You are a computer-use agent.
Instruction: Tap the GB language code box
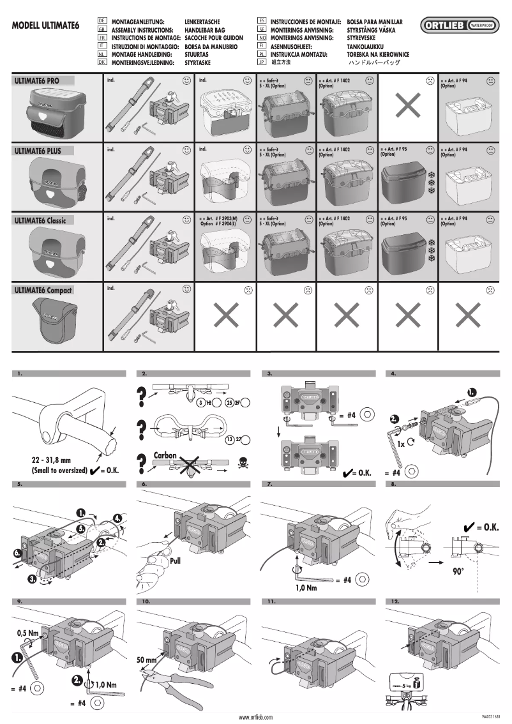click(x=102, y=30)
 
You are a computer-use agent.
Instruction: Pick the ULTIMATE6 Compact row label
click(x=43, y=290)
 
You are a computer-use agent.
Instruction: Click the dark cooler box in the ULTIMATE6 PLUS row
click(x=405, y=176)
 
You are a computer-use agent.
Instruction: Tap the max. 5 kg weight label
click(x=403, y=685)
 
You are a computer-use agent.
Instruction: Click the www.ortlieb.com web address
click(x=255, y=718)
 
